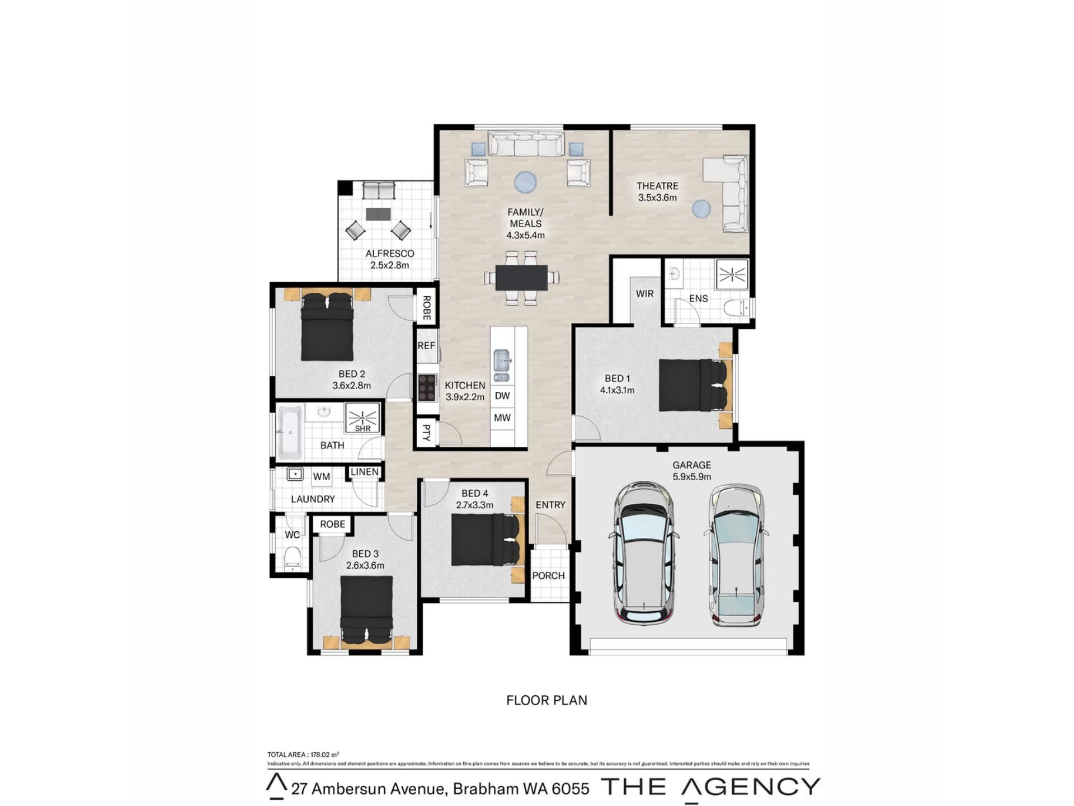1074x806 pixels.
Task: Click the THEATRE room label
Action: pyautogui.click(x=657, y=186)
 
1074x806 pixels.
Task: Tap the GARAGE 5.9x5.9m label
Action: pyautogui.click(x=692, y=471)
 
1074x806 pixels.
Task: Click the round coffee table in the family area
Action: pyautogui.click(x=526, y=182)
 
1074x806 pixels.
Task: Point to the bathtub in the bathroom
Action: pyautogui.click(x=290, y=430)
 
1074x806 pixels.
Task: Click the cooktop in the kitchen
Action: pyautogui.click(x=427, y=387)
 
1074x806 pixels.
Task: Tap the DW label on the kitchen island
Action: pyautogui.click(x=502, y=396)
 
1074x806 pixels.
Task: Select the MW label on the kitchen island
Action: pyautogui.click(x=502, y=418)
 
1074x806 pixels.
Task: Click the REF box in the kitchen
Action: pyautogui.click(x=426, y=346)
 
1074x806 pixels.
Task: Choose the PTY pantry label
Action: pyautogui.click(x=426, y=433)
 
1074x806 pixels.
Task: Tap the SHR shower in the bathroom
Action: pyautogui.click(x=362, y=418)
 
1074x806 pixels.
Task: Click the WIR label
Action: pyautogui.click(x=644, y=294)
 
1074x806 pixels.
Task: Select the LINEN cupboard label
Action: pyautogui.click(x=365, y=472)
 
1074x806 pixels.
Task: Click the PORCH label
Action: pyautogui.click(x=548, y=575)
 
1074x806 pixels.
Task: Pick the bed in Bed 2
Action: pyautogui.click(x=327, y=327)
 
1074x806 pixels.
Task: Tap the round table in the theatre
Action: pyautogui.click(x=701, y=209)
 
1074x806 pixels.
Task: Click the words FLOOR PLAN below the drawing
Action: pyautogui.click(x=547, y=700)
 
